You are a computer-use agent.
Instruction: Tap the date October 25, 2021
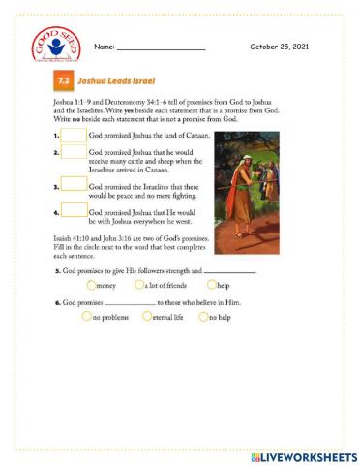point(279,46)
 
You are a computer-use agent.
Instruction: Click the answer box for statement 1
point(74,136)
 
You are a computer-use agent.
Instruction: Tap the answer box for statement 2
point(74,152)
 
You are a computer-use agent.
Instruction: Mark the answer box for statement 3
point(74,185)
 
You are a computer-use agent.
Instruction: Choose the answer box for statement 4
point(74,212)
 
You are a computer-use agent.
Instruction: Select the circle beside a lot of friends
point(138,286)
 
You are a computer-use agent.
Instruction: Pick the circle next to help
point(211,286)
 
